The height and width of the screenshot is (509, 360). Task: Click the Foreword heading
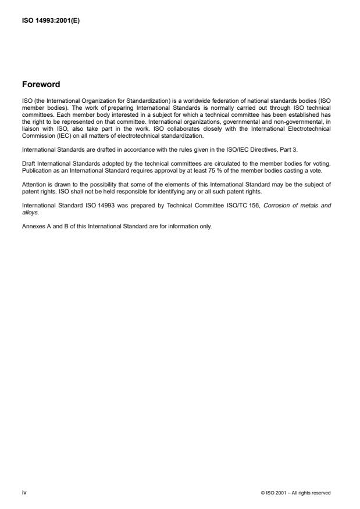41,84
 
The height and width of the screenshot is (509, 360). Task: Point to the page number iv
24,492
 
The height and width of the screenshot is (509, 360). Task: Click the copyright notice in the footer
296,493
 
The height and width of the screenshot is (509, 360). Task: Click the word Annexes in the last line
34,210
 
